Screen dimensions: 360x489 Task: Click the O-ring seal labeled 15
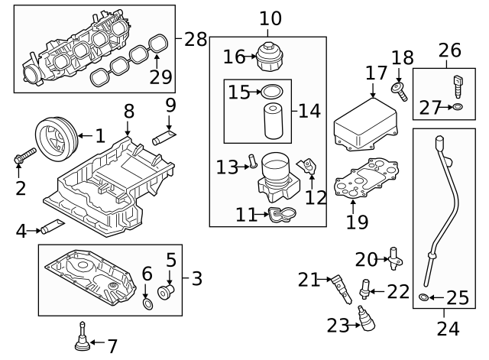click(x=271, y=92)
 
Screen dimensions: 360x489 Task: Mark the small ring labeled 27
click(x=456, y=108)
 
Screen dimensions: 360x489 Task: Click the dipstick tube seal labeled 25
click(x=424, y=296)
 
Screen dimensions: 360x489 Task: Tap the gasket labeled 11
click(x=280, y=216)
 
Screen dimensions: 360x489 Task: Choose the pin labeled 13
click(x=250, y=163)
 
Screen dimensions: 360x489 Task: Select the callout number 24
click(x=449, y=329)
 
